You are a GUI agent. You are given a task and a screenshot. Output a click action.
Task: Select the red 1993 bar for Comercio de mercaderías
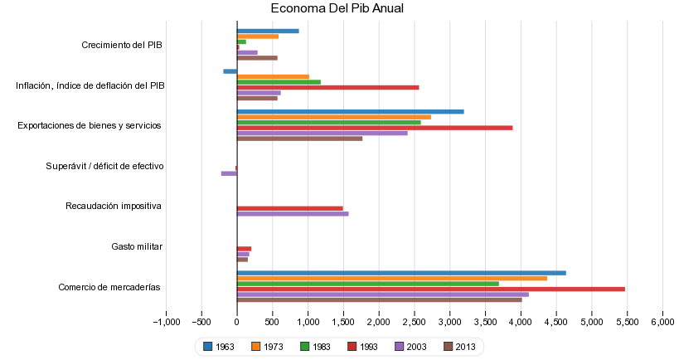coord(431,289)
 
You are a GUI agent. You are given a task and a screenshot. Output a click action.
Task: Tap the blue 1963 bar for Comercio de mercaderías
coord(401,273)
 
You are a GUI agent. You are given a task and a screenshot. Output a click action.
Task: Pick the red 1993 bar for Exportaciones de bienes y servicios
coord(375,128)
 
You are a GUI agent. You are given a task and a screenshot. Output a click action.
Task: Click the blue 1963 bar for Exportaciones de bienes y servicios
coord(350,111)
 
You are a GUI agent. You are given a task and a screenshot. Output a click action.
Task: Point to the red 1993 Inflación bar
coord(327,87)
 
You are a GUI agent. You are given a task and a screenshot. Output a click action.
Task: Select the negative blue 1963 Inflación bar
coord(230,71)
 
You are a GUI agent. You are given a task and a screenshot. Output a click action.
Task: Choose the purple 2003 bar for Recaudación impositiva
coord(293,214)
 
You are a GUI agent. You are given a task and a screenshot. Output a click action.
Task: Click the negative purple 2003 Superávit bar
coord(229,173)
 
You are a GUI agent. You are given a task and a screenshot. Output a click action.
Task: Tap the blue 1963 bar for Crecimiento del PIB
coord(268,31)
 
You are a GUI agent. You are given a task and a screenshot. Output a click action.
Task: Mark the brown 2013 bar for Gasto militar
coord(242,260)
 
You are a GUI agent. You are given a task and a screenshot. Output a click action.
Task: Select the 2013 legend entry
coord(459,347)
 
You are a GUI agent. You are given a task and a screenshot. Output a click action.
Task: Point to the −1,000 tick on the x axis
coord(167,322)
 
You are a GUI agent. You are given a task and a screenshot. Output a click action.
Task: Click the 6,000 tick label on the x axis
coord(662,322)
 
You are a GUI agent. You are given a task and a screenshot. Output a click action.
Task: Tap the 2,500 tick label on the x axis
coord(415,322)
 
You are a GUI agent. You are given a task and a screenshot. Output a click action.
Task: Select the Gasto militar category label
coord(137,246)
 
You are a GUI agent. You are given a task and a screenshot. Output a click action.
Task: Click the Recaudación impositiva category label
coord(114,206)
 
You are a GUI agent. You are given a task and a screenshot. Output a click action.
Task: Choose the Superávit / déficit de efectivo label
coord(104,166)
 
